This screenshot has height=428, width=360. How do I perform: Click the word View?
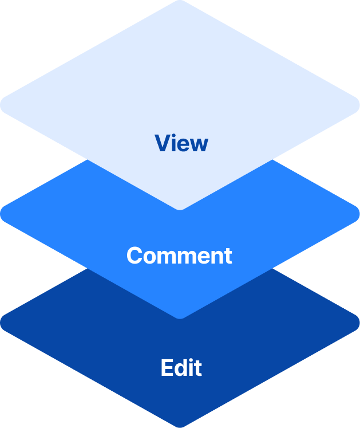click(181, 143)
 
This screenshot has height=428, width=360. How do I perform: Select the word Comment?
click(179, 255)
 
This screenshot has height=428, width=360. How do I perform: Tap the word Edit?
click(181, 367)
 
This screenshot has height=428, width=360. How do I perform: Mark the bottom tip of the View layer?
click(180, 208)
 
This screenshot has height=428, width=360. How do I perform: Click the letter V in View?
click(163, 143)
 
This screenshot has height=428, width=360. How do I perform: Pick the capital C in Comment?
click(135, 255)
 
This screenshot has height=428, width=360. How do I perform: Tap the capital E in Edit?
click(167, 367)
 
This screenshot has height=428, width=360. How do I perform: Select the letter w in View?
click(199, 144)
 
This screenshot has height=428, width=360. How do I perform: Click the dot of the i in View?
click(174, 135)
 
